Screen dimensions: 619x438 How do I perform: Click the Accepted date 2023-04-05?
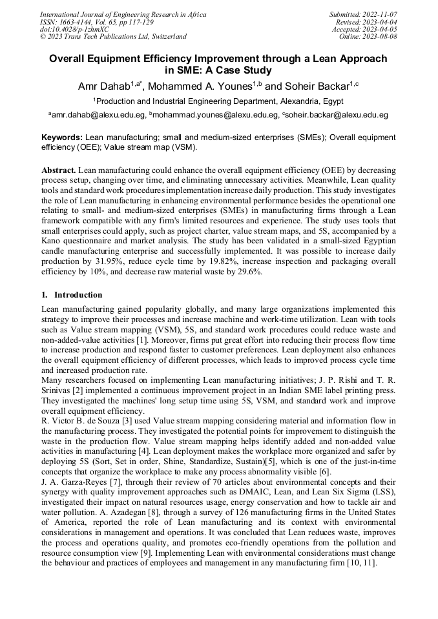click(x=380, y=29)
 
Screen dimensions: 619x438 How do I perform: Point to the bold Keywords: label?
click(x=62, y=137)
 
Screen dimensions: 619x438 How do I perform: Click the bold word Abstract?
click(x=59, y=170)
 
